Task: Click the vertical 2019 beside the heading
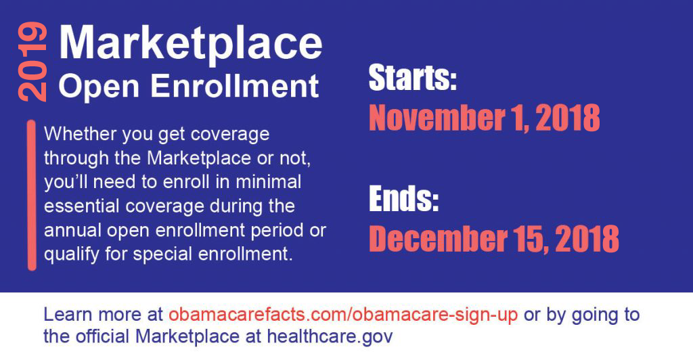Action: pyautogui.click(x=32, y=62)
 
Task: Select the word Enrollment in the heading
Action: pyautogui.click(x=235, y=86)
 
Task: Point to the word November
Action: pyautogui.click(x=437, y=118)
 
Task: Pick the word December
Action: pyautogui.click(x=438, y=238)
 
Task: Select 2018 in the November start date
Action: pyautogui.click(x=568, y=118)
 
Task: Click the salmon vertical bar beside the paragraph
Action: pyautogui.click(x=32, y=195)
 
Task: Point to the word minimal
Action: pyautogui.click(x=268, y=182)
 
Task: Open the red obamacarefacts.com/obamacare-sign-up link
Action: pyautogui.click(x=343, y=315)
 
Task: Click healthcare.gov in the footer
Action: pyautogui.click(x=330, y=336)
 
